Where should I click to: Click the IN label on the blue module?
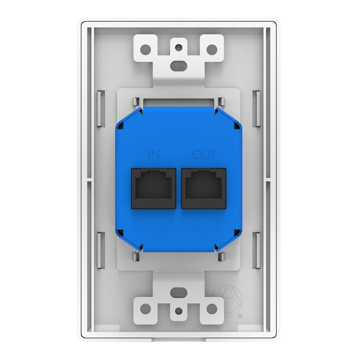click(x=154, y=154)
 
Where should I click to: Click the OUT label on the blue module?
click(x=204, y=154)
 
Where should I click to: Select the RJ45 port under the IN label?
click(x=153, y=188)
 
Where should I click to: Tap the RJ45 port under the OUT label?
click(x=204, y=188)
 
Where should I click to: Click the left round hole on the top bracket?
click(x=146, y=49)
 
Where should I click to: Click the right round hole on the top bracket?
click(x=212, y=49)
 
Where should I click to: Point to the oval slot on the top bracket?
click(x=179, y=64)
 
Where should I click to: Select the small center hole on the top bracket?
click(x=179, y=47)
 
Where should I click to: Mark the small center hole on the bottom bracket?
click(x=179, y=311)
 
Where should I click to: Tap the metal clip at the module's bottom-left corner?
click(x=135, y=257)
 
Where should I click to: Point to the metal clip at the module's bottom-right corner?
click(x=221, y=257)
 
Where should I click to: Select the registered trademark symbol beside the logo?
click(x=240, y=316)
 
